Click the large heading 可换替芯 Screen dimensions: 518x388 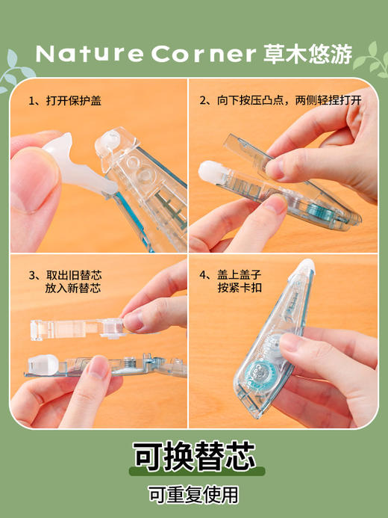click(194, 454)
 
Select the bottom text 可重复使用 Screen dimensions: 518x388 click(194, 494)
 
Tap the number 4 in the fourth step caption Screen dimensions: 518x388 click(204, 274)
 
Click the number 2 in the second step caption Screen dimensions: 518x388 click(204, 100)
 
